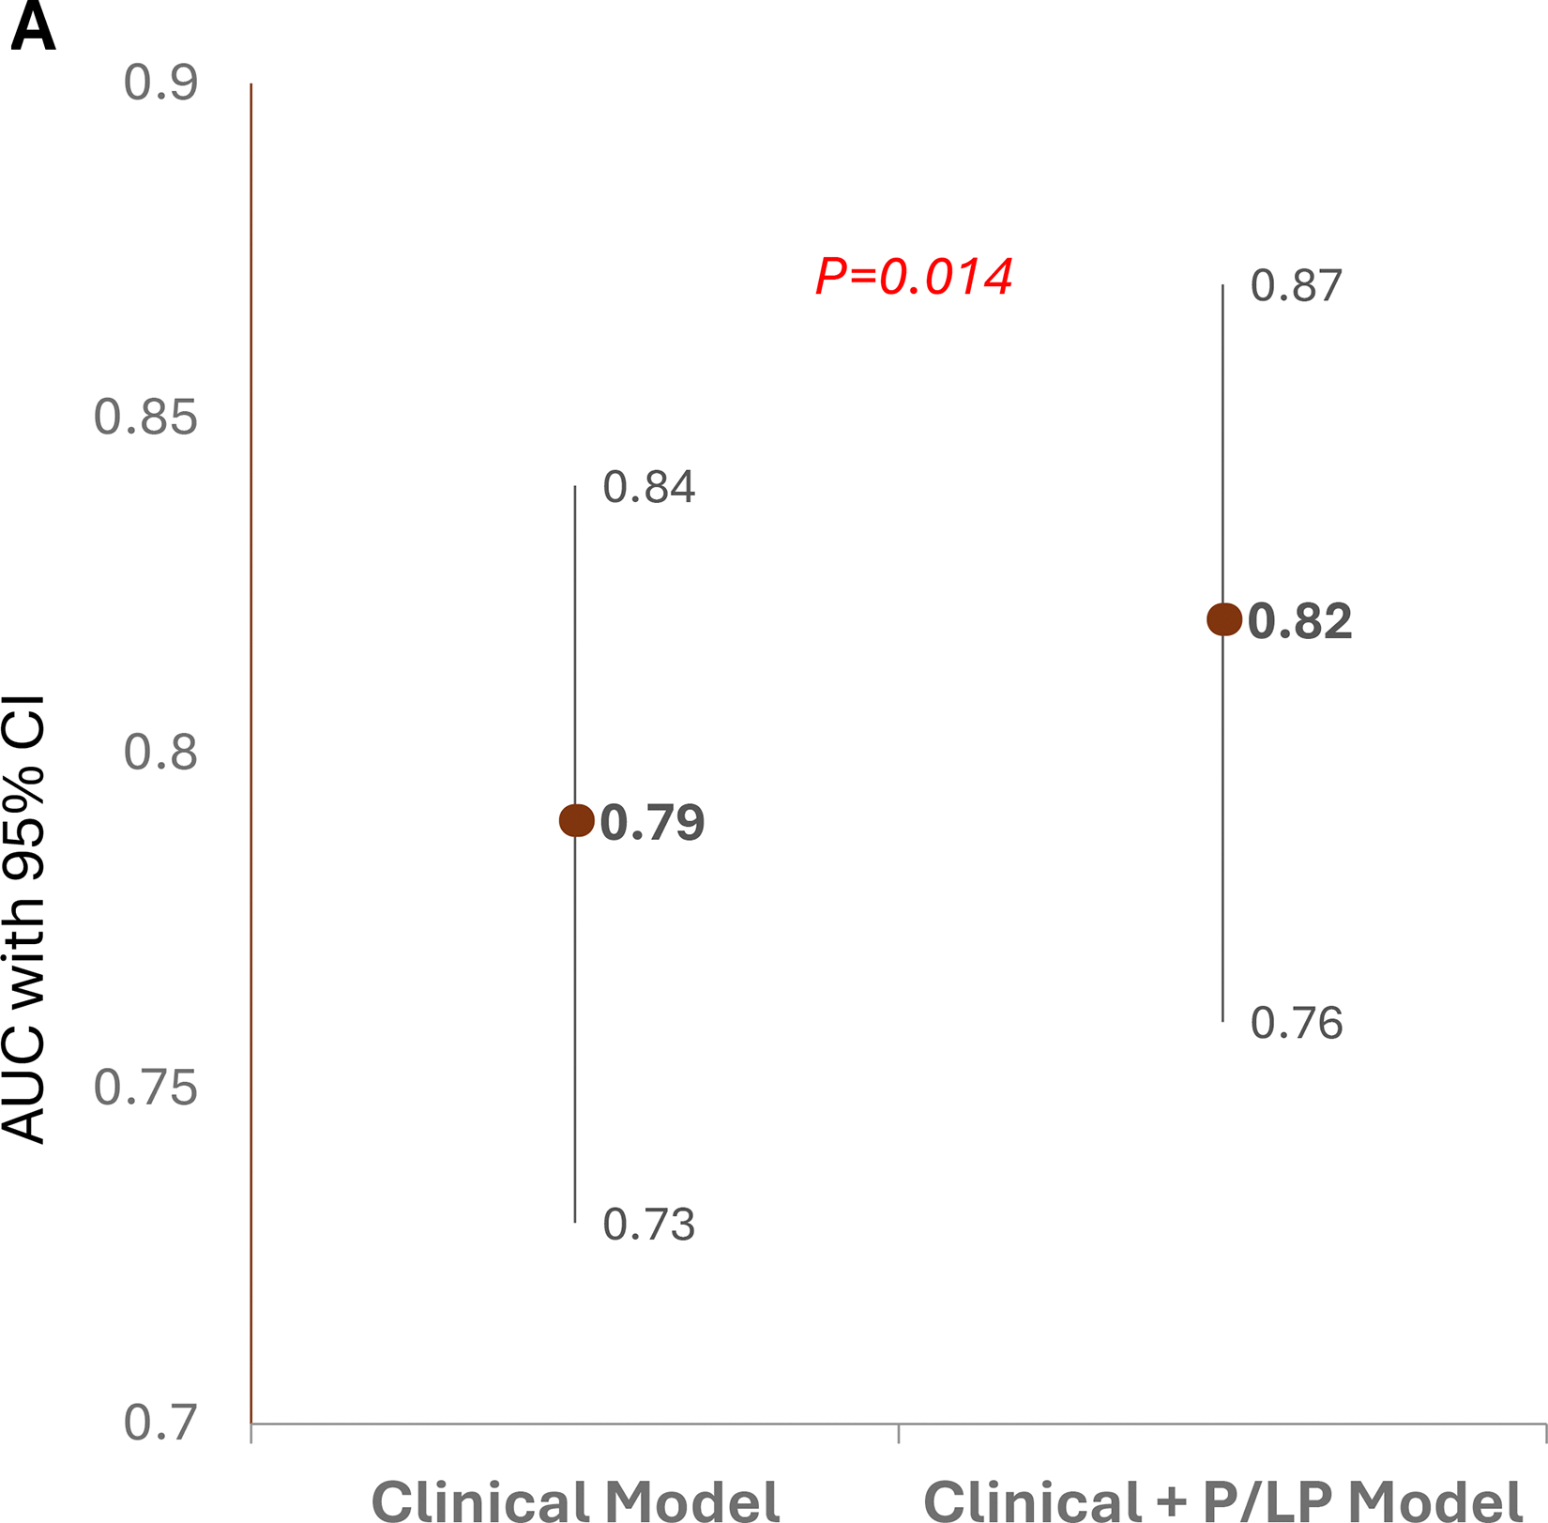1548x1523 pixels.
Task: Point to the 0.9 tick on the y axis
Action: tap(160, 83)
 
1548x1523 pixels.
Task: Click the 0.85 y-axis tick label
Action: tap(145, 418)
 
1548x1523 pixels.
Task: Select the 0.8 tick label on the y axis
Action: tap(160, 753)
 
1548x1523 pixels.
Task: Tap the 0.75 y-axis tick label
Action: tap(145, 1088)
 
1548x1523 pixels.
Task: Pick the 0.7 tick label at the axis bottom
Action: tap(160, 1423)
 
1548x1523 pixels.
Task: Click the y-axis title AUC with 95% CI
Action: tap(24, 919)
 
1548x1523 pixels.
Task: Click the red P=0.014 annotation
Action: tap(914, 277)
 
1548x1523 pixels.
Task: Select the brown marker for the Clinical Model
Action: tap(576, 820)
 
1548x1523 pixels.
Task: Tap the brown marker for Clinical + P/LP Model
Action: tap(1223, 619)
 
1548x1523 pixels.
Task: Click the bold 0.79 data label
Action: tap(652, 823)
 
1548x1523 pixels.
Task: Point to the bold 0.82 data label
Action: tap(1299, 622)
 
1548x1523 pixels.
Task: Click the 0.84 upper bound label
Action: tap(648, 487)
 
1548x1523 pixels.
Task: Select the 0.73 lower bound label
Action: tap(648, 1225)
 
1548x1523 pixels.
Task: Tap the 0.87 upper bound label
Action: tap(1297, 285)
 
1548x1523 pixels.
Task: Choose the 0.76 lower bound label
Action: tap(1297, 1023)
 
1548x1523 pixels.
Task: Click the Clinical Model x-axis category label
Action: tap(576, 1500)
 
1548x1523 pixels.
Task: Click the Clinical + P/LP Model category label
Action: tap(1222, 1500)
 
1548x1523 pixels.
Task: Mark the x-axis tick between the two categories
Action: tap(899, 1433)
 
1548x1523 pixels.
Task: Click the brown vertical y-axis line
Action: tap(251, 751)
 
